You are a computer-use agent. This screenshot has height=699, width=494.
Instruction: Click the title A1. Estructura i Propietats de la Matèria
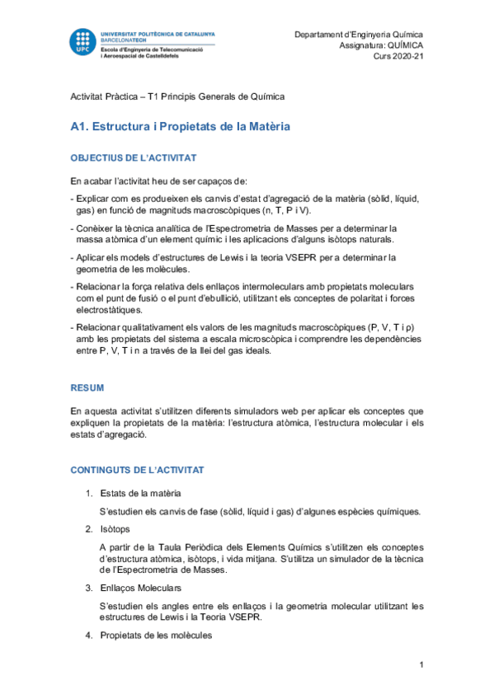tap(180, 127)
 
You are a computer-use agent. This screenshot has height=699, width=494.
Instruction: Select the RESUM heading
tap(87, 386)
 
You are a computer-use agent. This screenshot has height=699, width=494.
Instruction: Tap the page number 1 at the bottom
tap(421, 664)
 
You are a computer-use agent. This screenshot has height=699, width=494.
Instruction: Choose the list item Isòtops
tap(115, 528)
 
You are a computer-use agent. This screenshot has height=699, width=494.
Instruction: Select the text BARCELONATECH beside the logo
tap(123, 40)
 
